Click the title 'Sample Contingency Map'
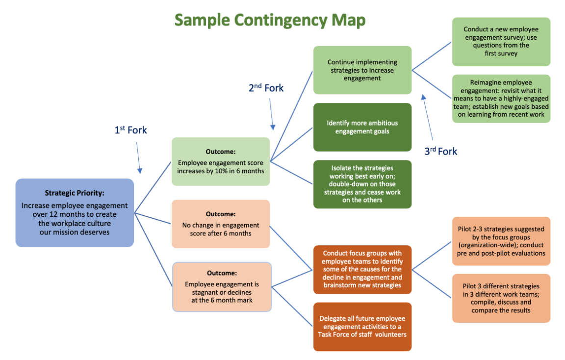[270, 20]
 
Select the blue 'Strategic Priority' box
[75, 212]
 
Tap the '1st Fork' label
[130, 130]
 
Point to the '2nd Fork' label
[266, 88]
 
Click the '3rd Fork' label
[440, 151]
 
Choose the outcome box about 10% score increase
[221, 161]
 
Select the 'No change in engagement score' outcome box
[221, 224]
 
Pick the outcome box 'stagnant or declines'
[222, 286]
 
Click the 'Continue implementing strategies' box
[362, 70]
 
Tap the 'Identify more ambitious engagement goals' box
[362, 127]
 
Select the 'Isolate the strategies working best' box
[362, 184]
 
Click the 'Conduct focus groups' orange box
[362, 269]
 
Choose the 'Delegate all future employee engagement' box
[362, 327]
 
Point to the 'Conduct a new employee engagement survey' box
[501, 42]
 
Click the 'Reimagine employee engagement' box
[501, 99]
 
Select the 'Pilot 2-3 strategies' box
[501, 241]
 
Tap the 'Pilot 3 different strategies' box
[501, 298]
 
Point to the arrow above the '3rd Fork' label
[427, 118]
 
